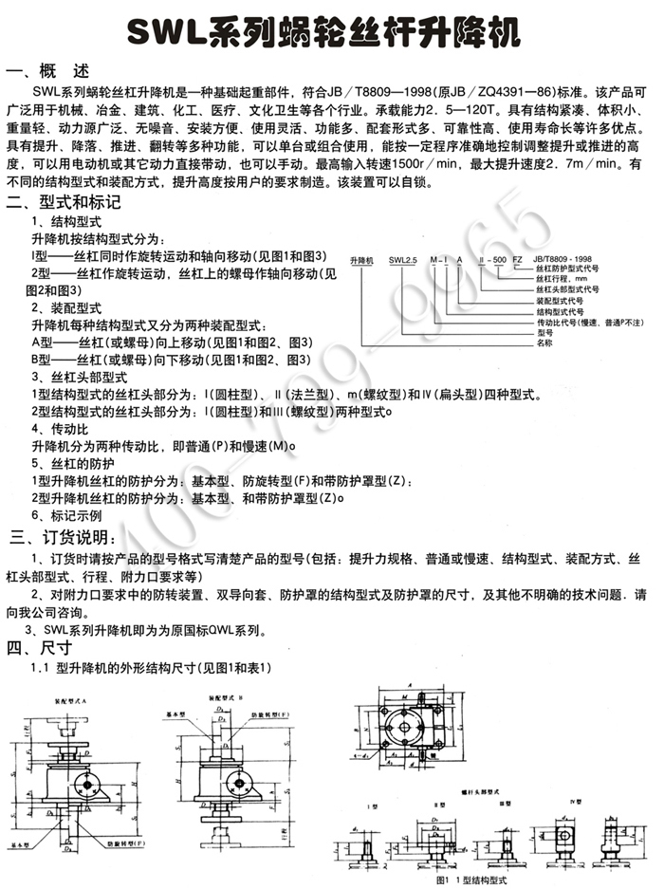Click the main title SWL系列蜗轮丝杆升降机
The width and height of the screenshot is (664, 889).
[x=331, y=35]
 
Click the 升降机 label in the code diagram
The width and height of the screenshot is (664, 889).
[x=363, y=258]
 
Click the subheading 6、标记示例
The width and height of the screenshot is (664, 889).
[x=65, y=515]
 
